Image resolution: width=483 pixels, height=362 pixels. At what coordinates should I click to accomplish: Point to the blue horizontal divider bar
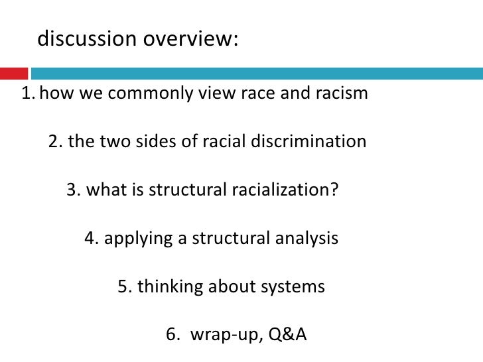tap(256, 71)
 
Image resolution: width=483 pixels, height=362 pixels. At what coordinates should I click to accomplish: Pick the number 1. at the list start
tap(28, 93)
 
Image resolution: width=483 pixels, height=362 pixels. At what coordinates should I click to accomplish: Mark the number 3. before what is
tap(74, 190)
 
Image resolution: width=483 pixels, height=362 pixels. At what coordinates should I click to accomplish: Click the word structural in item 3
tap(188, 190)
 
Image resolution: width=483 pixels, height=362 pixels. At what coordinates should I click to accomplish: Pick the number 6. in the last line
tap(172, 335)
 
